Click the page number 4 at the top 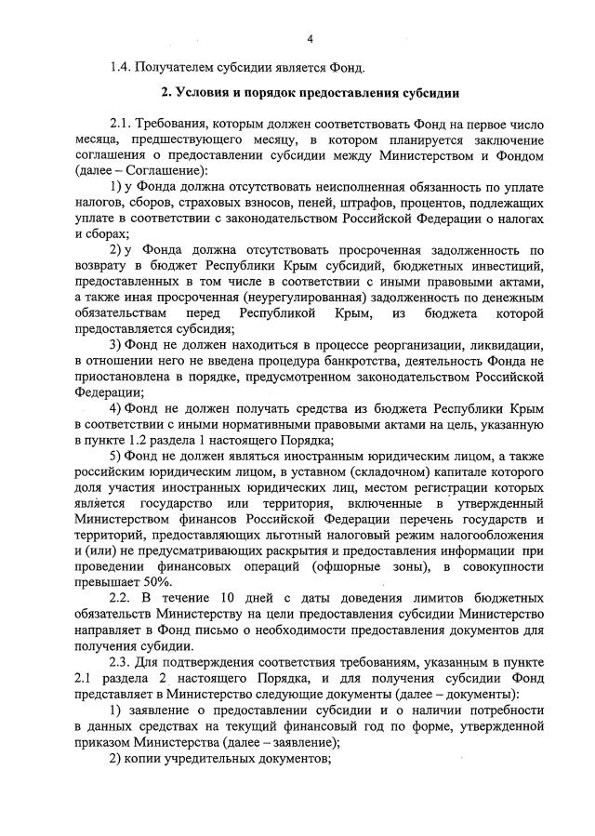click(x=311, y=38)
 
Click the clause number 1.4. click(x=121, y=66)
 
